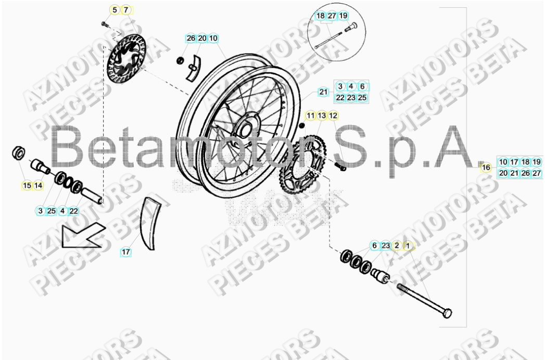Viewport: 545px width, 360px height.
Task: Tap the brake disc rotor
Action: [x=125, y=58]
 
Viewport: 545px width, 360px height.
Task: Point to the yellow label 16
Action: [x=486, y=168]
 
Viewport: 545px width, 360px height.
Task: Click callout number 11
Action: [x=311, y=115]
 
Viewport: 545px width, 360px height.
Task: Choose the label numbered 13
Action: [x=322, y=115]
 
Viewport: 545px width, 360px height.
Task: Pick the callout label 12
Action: [x=334, y=115]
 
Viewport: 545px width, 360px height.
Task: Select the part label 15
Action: [x=27, y=185]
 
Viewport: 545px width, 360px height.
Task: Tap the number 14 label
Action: [x=38, y=185]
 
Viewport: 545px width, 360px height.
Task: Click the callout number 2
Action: [x=397, y=245]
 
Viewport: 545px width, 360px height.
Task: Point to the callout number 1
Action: [x=408, y=245]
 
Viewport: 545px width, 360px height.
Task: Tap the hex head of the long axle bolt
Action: [x=446, y=313]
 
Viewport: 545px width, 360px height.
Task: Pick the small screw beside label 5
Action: [x=104, y=23]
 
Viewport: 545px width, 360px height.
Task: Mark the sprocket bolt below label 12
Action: [x=341, y=166]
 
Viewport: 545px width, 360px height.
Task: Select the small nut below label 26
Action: [x=180, y=60]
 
